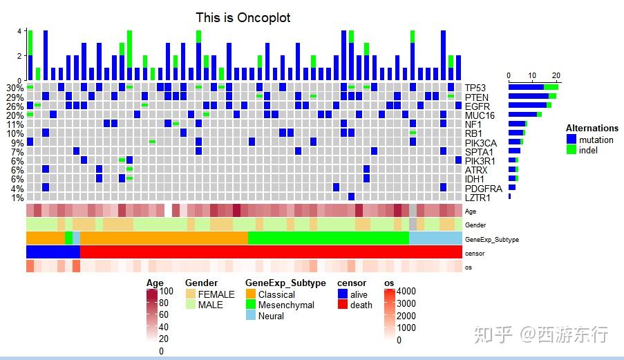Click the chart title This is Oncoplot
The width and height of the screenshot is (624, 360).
click(243, 17)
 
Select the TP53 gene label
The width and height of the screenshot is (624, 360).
click(475, 88)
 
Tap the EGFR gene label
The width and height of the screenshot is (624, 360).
click(477, 106)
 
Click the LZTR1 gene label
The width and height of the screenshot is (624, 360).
click(478, 198)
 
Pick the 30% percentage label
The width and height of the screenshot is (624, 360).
click(15, 88)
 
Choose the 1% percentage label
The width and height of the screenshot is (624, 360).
click(17, 198)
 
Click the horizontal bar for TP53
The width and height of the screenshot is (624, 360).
click(533, 87)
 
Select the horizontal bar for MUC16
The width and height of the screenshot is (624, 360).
click(524, 115)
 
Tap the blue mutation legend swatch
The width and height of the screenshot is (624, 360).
click(571, 140)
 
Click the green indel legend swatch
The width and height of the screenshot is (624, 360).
click(571, 150)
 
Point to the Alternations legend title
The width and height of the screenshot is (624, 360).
click(592, 128)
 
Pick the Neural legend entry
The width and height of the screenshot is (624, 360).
click(271, 316)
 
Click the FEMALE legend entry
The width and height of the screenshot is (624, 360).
click(216, 294)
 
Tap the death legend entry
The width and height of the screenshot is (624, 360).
click(361, 305)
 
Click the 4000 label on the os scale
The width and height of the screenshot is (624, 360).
click(407, 292)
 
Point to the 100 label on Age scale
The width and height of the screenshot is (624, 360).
click(166, 292)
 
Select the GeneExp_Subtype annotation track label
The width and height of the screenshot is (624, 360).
click(491, 240)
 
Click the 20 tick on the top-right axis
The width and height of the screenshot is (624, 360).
click(557, 76)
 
